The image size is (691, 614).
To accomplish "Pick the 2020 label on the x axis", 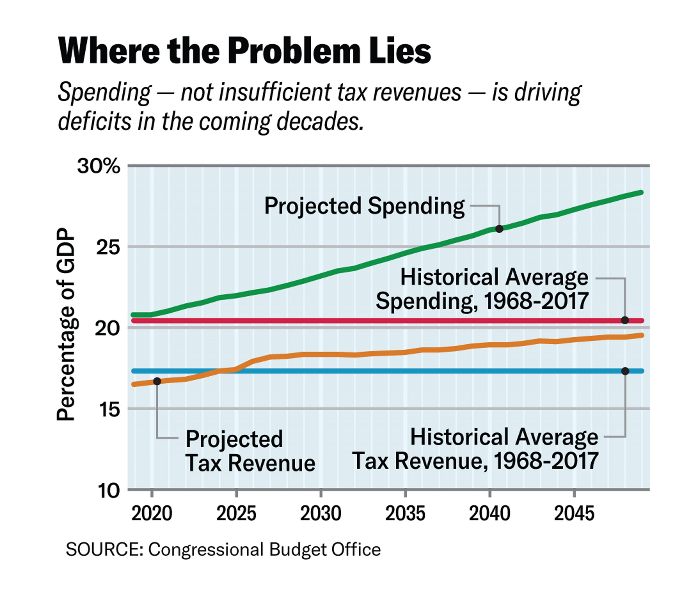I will tap(152, 514).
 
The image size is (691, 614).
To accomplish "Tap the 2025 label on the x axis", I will tap(236, 514).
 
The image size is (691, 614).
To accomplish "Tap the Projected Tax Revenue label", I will tap(250, 451).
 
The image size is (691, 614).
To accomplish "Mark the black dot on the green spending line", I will tap(499, 229).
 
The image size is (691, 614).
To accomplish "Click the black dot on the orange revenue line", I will tap(157, 381).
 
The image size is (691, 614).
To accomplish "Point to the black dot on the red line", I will tap(625, 320).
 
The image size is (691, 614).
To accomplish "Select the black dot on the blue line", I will tap(625, 371).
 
